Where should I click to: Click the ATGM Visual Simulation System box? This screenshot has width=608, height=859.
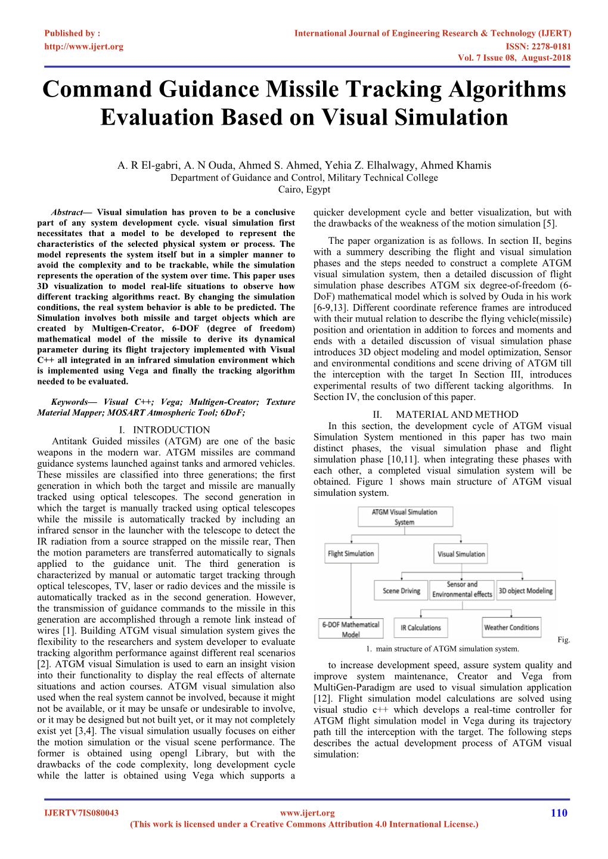tap(405, 517)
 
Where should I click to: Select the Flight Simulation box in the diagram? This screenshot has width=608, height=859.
tap(351, 554)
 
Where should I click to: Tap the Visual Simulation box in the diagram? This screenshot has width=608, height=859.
tap(461, 554)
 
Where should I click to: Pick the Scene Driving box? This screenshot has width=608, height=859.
tap(401, 591)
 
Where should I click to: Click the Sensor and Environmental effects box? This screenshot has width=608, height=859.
tap(463, 590)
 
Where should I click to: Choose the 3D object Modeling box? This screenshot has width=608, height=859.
tap(526, 591)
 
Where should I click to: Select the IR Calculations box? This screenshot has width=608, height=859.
tap(421, 628)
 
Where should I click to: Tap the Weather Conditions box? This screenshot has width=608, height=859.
tap(511, 627)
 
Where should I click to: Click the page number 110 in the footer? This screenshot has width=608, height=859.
tap(559, 813)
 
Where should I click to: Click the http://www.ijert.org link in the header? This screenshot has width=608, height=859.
tap(84, 46)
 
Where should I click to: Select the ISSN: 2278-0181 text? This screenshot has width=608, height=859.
tap(538, 46)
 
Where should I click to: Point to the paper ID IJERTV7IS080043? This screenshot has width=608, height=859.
tap(82, 813)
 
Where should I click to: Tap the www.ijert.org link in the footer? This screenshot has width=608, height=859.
tap(307, 813)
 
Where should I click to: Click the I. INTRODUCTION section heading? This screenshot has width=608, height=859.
tap(165, 430)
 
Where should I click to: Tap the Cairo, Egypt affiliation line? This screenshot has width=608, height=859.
tap(304, 190)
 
